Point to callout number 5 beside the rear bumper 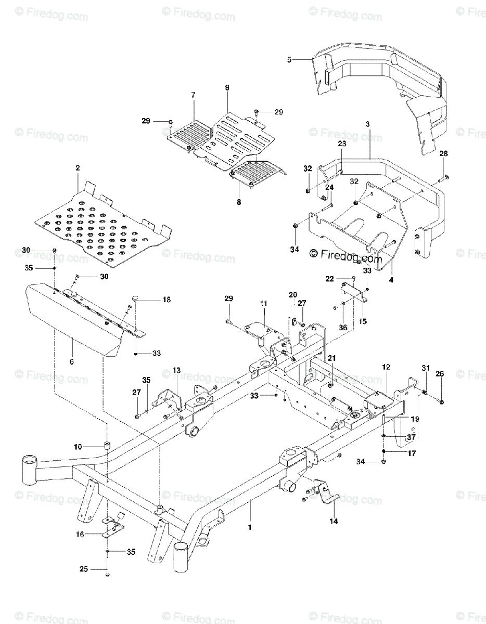coord(289,60)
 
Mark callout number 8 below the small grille coord(239,202)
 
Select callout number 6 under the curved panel coord(72,360)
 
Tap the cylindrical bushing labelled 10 coord(107,445)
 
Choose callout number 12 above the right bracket coord(386,368)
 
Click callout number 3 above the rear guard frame coord(367,124)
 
